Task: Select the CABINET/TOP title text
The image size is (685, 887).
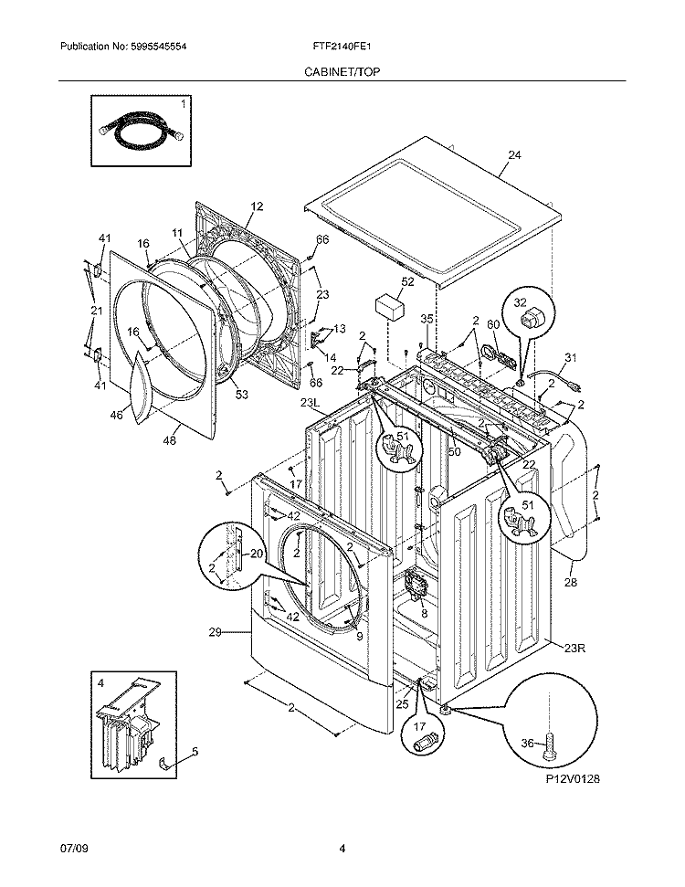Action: click(x=342, y=72)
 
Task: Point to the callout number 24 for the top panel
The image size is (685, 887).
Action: click(x=514, y=155)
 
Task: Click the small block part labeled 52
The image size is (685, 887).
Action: click(x=390, y=308)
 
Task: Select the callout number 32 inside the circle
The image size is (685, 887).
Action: click(x=520, y=303)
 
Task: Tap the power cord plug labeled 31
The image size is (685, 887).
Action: click(x=575, y=385)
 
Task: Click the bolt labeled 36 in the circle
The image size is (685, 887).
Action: click(x=549, y=750)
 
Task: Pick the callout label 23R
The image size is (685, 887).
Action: click(x=574, y=649)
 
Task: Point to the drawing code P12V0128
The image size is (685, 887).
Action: click(x=573, y=779)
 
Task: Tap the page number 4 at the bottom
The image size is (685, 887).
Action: click(x=342, y=849)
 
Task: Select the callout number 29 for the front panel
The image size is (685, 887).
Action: click(x=215, y=632)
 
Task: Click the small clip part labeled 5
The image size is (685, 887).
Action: click(x=164, y=765)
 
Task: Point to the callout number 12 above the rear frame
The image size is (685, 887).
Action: click(x=257, y=206)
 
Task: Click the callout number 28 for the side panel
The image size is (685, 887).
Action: click(x=570, y=582)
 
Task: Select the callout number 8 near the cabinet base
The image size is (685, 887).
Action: click(x=424, y=612)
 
